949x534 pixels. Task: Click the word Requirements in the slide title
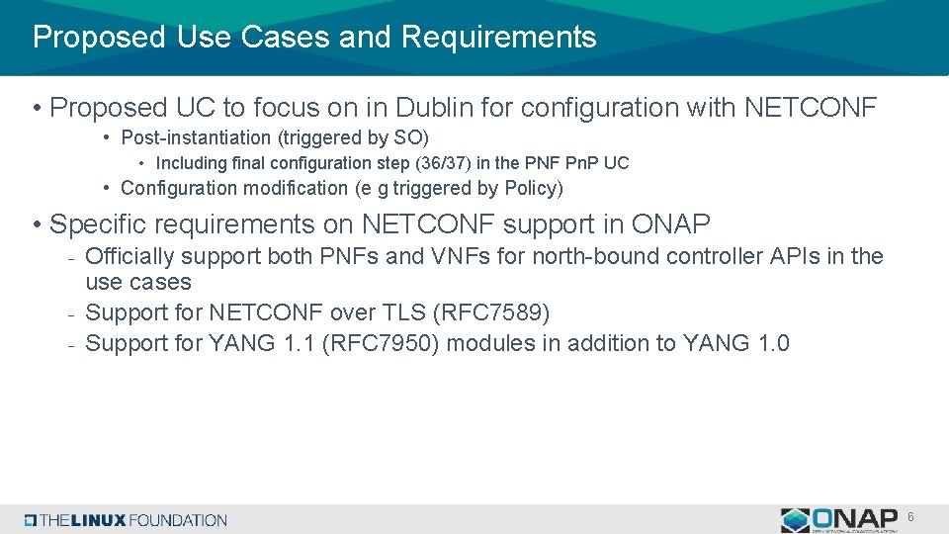pyautogui.click(x=498, y=38)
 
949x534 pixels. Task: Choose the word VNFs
pyautogui.click(x=461, y=256)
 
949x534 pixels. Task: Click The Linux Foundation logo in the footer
pyautogui.click(x=127, y=520)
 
